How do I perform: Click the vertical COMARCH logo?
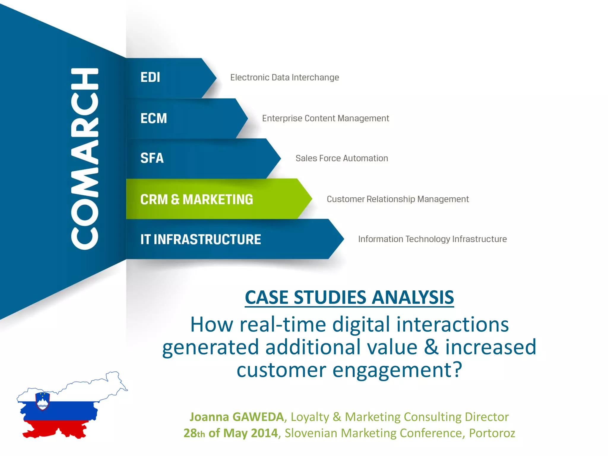click(85, 159)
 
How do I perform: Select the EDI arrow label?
click(150, 77)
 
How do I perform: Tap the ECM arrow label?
click(153, 118)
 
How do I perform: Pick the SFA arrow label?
click(152, 158)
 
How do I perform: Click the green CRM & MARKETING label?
click(197, 199)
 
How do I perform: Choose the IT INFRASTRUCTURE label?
click(201, 240)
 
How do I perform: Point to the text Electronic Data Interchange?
click(284, 77)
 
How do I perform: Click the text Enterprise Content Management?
click(325, 118)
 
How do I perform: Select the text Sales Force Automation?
click(342, 158)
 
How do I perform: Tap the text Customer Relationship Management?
click(398, 199)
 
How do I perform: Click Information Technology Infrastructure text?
click(432, 239)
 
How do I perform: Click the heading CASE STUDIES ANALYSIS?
click(349, 297)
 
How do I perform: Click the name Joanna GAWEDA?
click(237, 417)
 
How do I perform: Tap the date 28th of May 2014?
click(230, 433)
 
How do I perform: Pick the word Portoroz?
click(492, 433)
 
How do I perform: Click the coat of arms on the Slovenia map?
click(42, 401)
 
